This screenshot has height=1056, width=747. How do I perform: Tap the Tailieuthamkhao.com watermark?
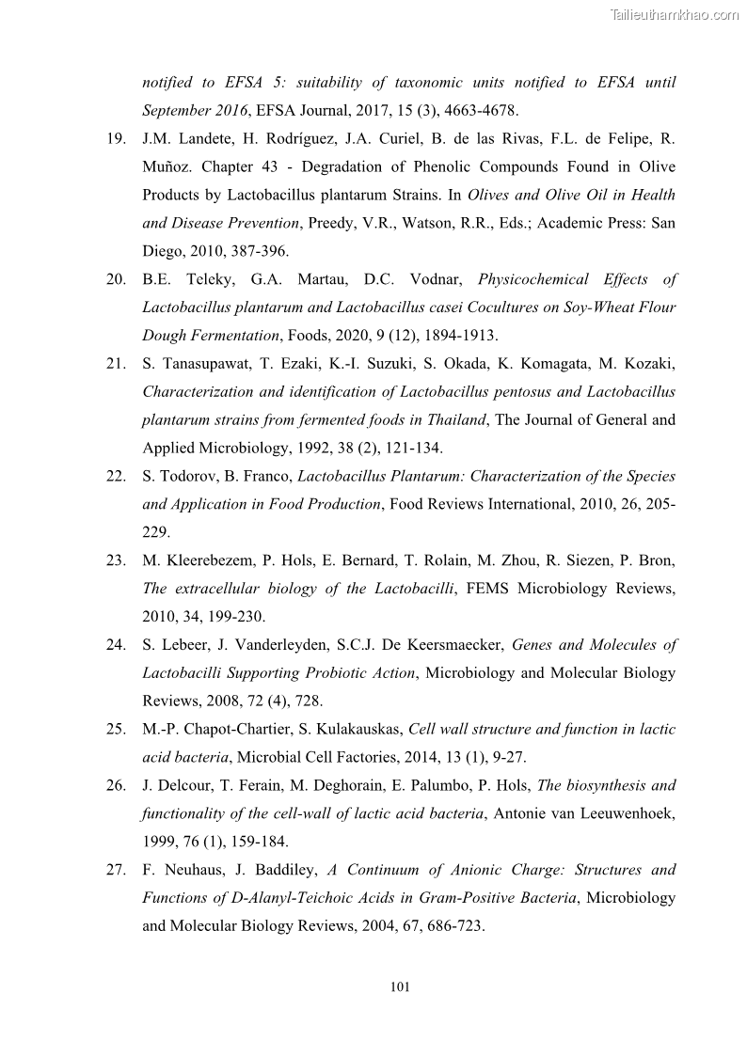675,14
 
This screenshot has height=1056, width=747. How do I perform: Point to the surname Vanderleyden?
265,645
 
